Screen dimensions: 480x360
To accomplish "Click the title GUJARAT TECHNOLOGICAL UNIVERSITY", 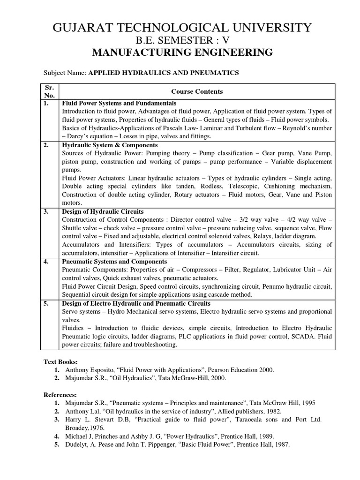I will (x=182, y=28).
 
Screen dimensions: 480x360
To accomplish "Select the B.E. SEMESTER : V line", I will (x=182, y=40).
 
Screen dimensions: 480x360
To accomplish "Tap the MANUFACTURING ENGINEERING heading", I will (x=182, y=52).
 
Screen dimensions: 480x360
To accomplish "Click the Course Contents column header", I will (x=197, y=91).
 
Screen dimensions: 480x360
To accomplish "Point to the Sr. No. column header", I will (x=50, y=91).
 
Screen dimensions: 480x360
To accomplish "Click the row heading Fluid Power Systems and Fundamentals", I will (x=119, y=103).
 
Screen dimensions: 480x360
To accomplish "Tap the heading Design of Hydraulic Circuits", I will (x=103, y=211).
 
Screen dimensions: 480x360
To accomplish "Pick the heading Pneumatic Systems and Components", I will (x=114, y=261).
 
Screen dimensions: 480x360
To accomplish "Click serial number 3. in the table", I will (x=46, y=211).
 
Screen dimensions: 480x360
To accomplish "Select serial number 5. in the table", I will (x=46, y=303).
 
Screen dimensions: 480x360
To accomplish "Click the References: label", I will (x=60, y=395).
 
